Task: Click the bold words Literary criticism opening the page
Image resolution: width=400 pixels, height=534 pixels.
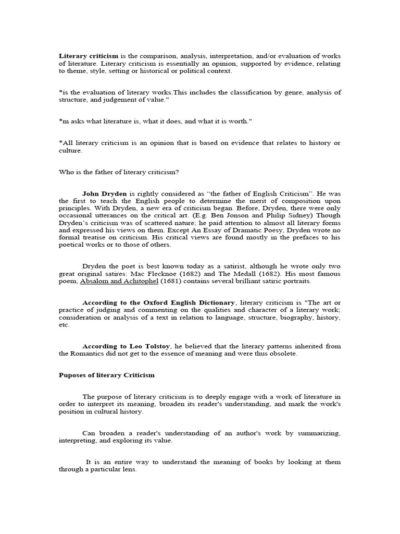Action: tap(89, 56)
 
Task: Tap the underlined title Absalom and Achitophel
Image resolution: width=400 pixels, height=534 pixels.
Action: tap(119, 281)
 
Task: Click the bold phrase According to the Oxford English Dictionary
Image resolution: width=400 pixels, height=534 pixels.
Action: tap(159, 302)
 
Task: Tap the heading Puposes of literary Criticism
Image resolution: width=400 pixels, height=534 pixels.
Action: tap(106, 375)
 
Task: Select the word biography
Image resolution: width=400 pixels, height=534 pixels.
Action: tap(288, 317)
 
